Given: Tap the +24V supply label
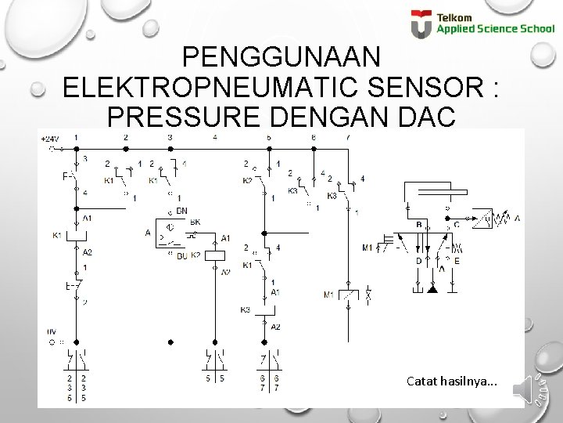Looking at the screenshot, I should click(50, 139).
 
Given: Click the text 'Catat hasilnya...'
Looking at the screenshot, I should click(450, 381).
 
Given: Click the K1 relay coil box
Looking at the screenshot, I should click(77, 235).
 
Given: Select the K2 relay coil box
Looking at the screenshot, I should click(213, 254).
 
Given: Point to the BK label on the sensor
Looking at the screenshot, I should click(195, 222).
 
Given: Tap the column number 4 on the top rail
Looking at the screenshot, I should click(215, 138).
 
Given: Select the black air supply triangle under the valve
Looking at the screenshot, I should click(432, 289).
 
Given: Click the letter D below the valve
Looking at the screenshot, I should click(418, 261).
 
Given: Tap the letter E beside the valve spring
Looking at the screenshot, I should click(457, 261).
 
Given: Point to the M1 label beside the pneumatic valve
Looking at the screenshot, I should click(367, 248).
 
